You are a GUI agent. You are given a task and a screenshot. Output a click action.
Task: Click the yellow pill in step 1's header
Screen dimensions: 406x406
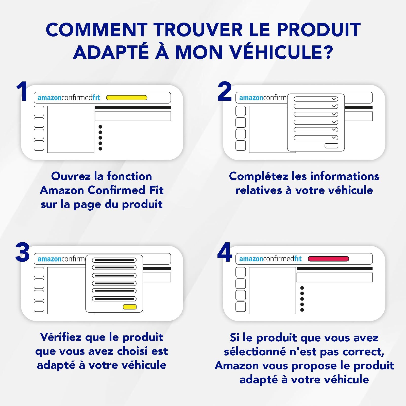pos(127,98)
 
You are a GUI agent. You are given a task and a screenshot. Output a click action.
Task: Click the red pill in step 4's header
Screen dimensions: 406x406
pos(328,259)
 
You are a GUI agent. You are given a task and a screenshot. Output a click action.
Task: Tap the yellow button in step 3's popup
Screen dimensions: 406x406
pos(130,307)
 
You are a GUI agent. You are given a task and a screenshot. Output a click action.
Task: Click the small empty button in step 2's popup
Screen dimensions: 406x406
pos(331,146)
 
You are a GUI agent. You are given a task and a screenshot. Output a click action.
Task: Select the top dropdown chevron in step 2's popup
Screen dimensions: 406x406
pos(334,99)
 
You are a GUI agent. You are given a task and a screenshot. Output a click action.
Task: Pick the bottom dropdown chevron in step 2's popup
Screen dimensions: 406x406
pos(334,138)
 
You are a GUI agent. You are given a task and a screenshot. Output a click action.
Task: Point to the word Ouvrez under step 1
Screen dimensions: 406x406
pos(71,176)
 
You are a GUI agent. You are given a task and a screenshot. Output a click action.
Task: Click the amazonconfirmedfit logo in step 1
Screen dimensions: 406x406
pos(69,98)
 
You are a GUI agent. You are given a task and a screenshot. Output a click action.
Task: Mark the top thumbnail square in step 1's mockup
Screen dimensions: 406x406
pos(39,111)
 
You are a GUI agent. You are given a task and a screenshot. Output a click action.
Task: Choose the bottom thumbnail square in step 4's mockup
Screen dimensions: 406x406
pos(241,307)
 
